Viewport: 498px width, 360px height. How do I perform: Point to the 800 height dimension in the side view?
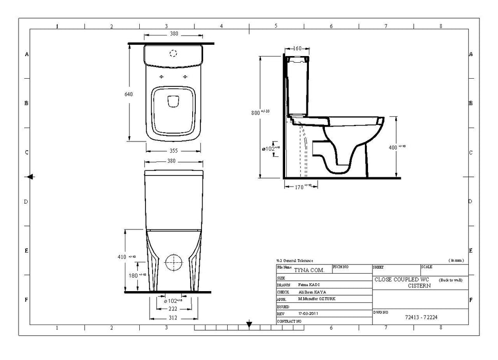[x=256, y=113]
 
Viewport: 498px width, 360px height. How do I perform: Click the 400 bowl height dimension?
[x=394, y=147]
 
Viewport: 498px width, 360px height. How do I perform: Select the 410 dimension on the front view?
[x=121, y=257]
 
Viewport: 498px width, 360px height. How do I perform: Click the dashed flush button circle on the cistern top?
[x=173, y=52]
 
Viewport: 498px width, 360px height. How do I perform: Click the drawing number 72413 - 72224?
[x=420, y=317]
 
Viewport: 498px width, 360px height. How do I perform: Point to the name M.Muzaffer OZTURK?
[x=317, y=299]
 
